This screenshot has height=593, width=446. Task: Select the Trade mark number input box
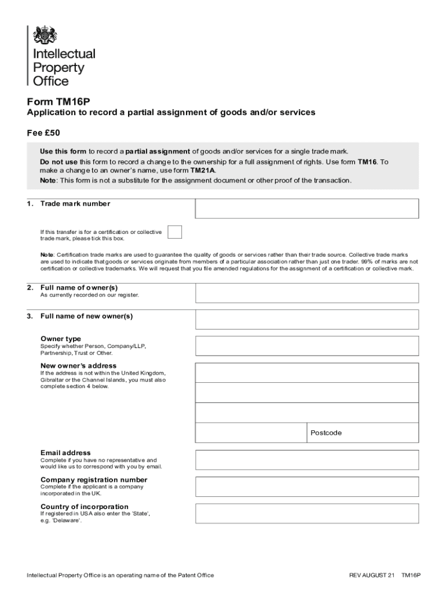click(306, 208)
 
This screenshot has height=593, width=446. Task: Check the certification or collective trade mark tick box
click(174, 232)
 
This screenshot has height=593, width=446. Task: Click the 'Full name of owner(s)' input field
click(306, 293)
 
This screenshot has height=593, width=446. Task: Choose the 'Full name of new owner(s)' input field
click(306, 319)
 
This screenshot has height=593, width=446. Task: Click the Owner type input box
click(306, 345)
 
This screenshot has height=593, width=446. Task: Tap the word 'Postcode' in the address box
click(326, 433)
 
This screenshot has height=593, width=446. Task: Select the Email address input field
click(306, 459)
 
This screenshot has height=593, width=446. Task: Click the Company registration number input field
click(306, 486)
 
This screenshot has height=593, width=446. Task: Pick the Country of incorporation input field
click(306, 514)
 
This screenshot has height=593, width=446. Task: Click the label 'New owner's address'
click(78, 365)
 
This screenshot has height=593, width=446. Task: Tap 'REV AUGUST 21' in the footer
click(371, 576)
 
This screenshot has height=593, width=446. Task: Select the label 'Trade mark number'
click(75, 204)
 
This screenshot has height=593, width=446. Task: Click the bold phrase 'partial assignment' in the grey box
click(158, 152)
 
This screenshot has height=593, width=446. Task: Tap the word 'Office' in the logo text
click(50, 81)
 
